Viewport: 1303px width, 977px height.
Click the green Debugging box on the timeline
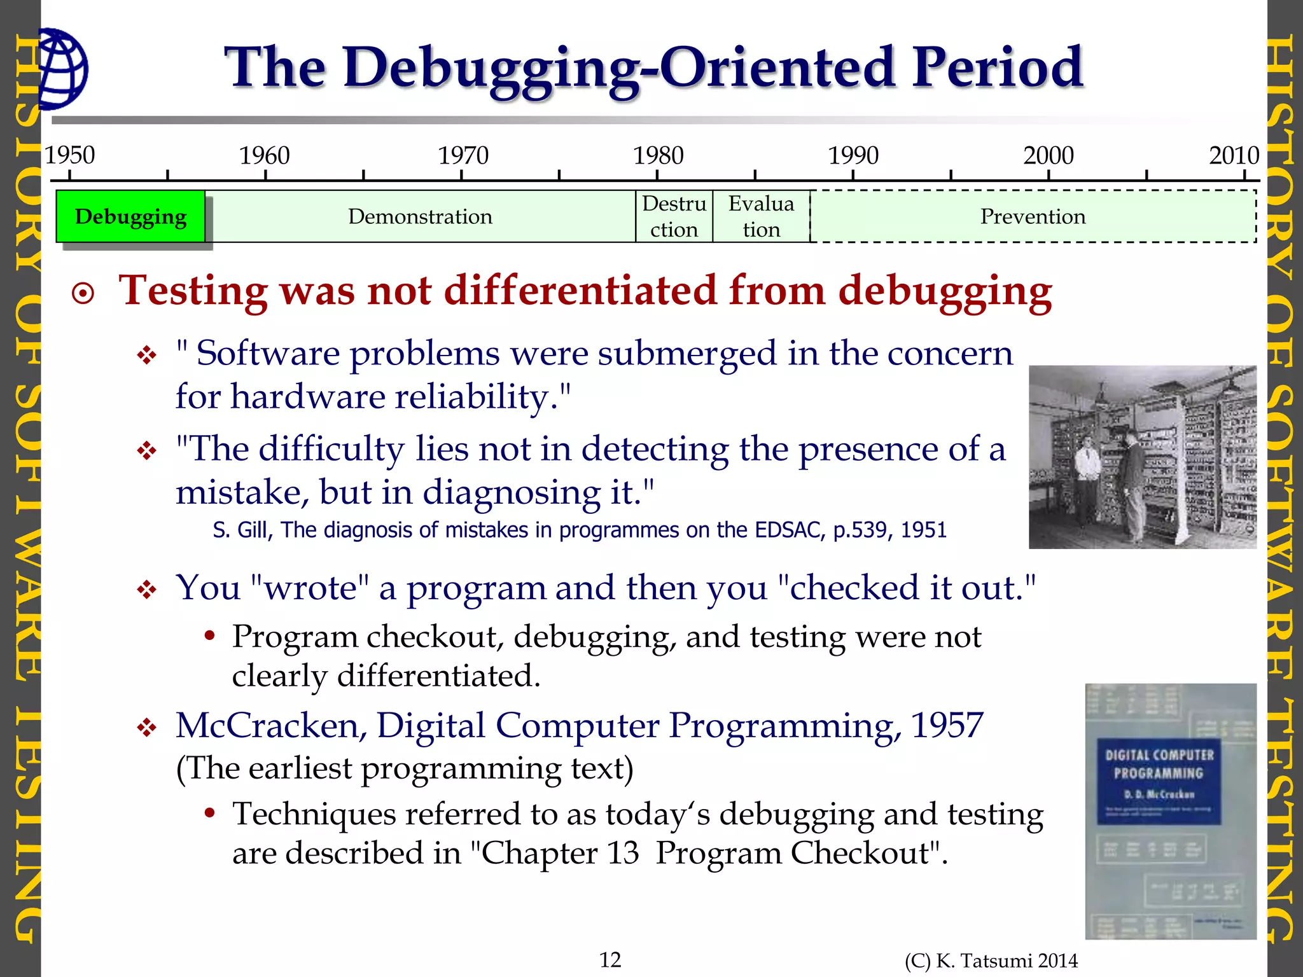[130, 217]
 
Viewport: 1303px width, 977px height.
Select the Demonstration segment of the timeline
[420, 217]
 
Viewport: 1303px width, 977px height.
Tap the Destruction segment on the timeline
[674, 217]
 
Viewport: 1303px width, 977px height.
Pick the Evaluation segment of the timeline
[761, 217]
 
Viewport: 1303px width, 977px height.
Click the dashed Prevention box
[1032, 217]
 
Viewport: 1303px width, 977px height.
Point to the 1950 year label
[69, 155]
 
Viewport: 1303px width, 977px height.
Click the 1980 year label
[658, 155]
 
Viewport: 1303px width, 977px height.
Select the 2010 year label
[1234, 155]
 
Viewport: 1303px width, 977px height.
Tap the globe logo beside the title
[62, 68]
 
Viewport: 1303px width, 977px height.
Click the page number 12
[610, 959]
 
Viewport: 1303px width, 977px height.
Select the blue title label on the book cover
[1159, 780]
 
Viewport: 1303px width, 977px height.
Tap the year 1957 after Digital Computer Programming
[947, 725]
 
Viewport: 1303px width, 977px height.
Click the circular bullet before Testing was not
[83, 294]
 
